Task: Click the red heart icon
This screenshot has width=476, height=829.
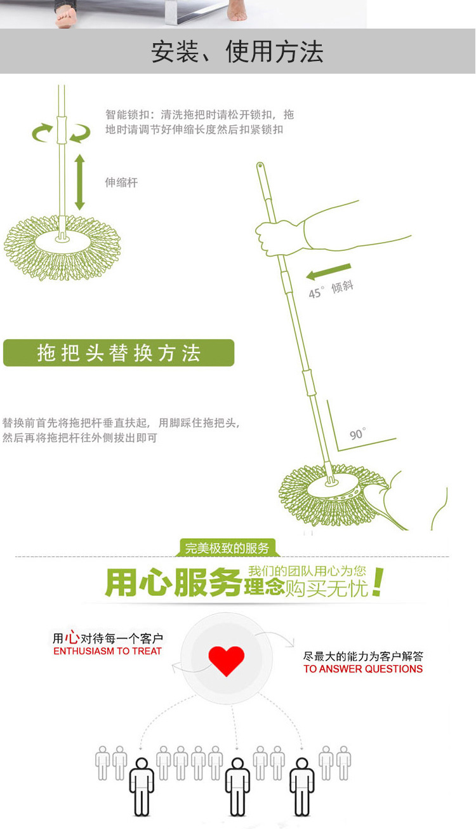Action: click(226, 661)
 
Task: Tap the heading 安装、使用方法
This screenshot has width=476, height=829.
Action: click(237, 52)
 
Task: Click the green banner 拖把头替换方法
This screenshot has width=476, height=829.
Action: click(119, 353)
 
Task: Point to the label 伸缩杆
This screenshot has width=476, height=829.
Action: click(121, 182)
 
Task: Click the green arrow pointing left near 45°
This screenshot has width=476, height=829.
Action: click(327, 271)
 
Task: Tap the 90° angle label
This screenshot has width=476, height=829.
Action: click(357, 435)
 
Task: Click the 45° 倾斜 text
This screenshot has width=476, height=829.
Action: click(330, 290)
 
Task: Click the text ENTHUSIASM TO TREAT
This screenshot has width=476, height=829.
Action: click(107, 651)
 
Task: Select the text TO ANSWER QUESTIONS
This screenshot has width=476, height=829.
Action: click(363, 669)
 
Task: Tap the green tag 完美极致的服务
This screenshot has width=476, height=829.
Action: click(227, 548)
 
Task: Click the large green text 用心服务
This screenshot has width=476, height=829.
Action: click(173, 583)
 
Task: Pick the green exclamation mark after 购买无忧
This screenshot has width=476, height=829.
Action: click(378, 583)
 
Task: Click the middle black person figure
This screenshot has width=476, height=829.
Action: click(238, 786)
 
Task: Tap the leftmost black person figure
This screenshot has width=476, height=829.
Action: click(142, 786)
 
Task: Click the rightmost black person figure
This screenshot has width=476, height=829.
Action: click(301, 786)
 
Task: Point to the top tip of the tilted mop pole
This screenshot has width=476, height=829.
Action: click(260, 166)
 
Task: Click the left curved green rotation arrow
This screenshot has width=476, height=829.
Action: click(43, 132)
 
